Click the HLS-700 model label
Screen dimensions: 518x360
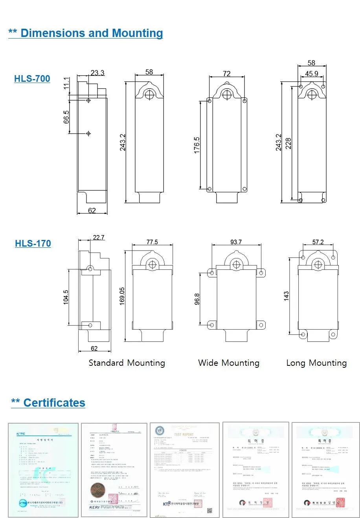click(x=32, y=79)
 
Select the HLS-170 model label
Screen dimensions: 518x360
click(x=33, y=243)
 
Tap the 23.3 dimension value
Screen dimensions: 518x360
click(x=97, y=73)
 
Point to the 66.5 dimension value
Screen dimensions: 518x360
click(x=66, y=117)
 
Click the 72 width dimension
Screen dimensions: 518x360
click(x=227, y=74)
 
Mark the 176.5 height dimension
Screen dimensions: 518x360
click(x=197, y=145)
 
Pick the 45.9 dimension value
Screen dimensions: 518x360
click(x=312, y=74)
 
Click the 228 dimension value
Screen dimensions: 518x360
click(x=288, y=143)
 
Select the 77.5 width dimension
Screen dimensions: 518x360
click(x=152, y=242)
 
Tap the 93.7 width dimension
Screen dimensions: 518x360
click(x=236, y=242)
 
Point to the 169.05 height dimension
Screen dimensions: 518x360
click(x=122, y=296)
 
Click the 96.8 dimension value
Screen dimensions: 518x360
click(x=197, y=299)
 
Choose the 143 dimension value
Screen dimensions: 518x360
click(x=287, y=296)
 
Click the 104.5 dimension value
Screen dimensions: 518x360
click(x=66, y=297)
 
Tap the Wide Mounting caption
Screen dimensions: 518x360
click(x=229, y=363)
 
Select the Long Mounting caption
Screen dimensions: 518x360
click(x=316, y=363)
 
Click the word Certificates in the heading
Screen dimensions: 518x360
click(x=54, y=403)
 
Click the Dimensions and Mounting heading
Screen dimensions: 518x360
click(x=92, y=33)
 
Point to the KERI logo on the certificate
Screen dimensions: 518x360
click(x=94, y=507)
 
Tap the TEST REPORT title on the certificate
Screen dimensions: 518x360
click(x=184, y=435)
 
